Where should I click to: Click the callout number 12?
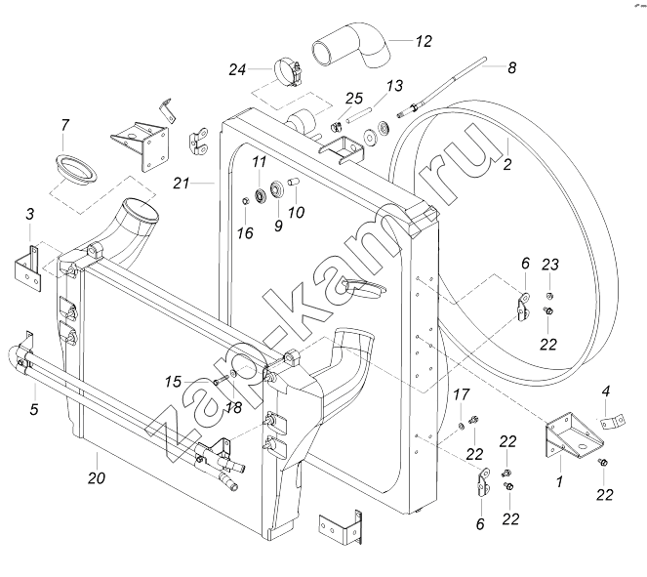[x=424, y=41]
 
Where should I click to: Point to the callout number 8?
[x=511, y=67]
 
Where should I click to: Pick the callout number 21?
[x=182, y=183]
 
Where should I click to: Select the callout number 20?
[x=97, y=478]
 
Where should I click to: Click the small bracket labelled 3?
[x=27, y=268]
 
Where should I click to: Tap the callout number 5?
[x=34, y=409]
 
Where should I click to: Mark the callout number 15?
[x=173, y=382]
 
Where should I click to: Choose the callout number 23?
[x=550, y=265]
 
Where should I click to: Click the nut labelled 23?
[x=549, y=296]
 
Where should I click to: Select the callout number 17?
[x=462, y=394]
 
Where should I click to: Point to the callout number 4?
[x=606, y=391]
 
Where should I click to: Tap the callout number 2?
[x=507, y=164]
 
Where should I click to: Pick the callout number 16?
[x=245, y=233]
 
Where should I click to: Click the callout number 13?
[x=394, y=86]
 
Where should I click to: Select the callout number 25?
[x=354, y=99]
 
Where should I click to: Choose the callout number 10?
[x=296, y=213]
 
